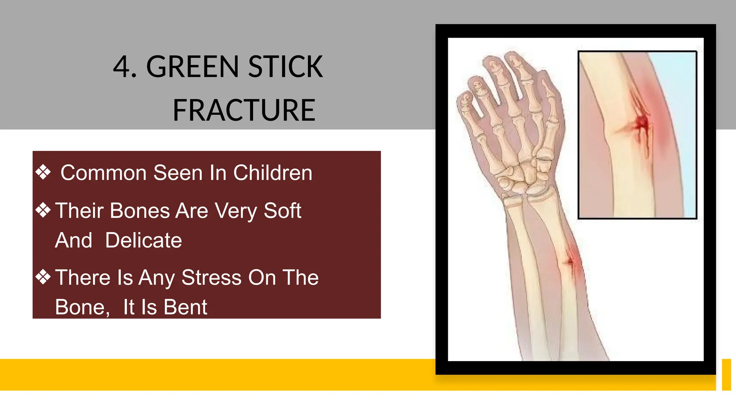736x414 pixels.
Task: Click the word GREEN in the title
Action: pyautogui.click(x=192, y=67)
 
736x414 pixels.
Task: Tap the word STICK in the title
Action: pyautogui.click(x=285, y=67)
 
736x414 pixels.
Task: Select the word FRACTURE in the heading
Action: pyautogui.click(x=244, y=110)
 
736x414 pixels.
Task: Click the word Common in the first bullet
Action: pyautogui.click(x=103, y=173)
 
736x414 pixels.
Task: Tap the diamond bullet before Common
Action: pyautogui.click(x=43, y=172)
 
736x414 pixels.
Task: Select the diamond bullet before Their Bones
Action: pyautogui.click(x=43, y=210)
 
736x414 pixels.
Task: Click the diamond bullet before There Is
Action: pyautogui.click(x=43, y=277)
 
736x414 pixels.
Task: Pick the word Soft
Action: pyautogui.click(x=282, y=211)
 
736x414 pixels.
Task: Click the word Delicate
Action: pyautogui.click(x=143, y=240)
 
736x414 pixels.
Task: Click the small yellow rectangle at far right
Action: pyautogui.click(x=726, y=374)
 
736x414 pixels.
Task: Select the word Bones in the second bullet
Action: pyautogui.click(x=140, y=211)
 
